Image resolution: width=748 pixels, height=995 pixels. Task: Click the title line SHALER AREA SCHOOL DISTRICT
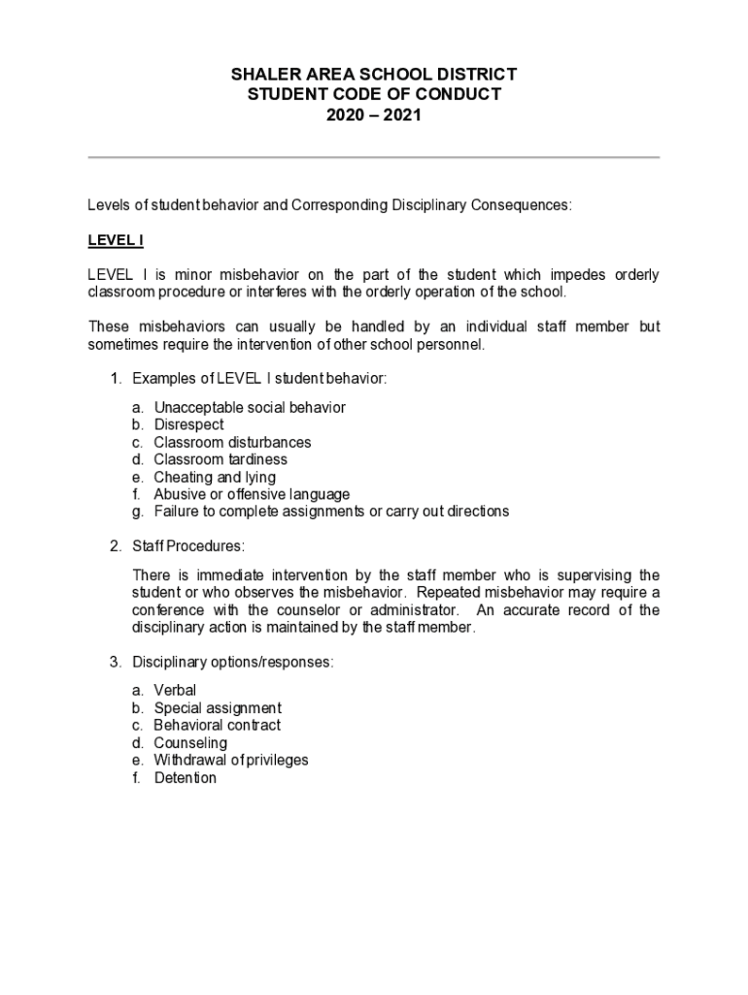pos(374,75)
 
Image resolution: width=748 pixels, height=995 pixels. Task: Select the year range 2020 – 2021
pos(374,115)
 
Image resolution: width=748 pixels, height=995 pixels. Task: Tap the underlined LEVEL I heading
pos(116,240)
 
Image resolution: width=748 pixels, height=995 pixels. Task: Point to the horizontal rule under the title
pos(374,157)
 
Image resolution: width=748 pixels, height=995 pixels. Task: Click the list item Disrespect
pos(188,425)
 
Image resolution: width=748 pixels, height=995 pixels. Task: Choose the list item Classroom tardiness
pos(221,460)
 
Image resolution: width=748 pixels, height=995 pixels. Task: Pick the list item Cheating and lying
pos(215,477)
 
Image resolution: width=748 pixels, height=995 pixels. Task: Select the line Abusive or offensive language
pos(252,495)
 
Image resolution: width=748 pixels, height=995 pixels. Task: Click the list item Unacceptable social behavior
pos(250,407)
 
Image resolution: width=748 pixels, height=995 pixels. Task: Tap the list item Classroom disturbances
pos(232,442)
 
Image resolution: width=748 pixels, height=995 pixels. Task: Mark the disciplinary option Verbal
pos(175,691)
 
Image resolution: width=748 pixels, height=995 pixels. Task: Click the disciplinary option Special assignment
pos(218,708)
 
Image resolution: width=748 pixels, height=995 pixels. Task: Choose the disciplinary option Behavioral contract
pos(218,726)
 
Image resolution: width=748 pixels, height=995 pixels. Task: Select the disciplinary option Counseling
pos(190,743)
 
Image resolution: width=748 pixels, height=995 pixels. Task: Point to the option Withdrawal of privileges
pos(231,761)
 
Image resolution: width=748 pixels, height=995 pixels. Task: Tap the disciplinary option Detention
pos(186,778)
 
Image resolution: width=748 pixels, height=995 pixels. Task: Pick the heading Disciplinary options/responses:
pos(233,663)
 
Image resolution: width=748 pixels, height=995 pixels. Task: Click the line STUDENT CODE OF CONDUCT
pos(374,94)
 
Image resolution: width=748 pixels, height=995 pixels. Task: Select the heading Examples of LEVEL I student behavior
pos(259,379)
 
